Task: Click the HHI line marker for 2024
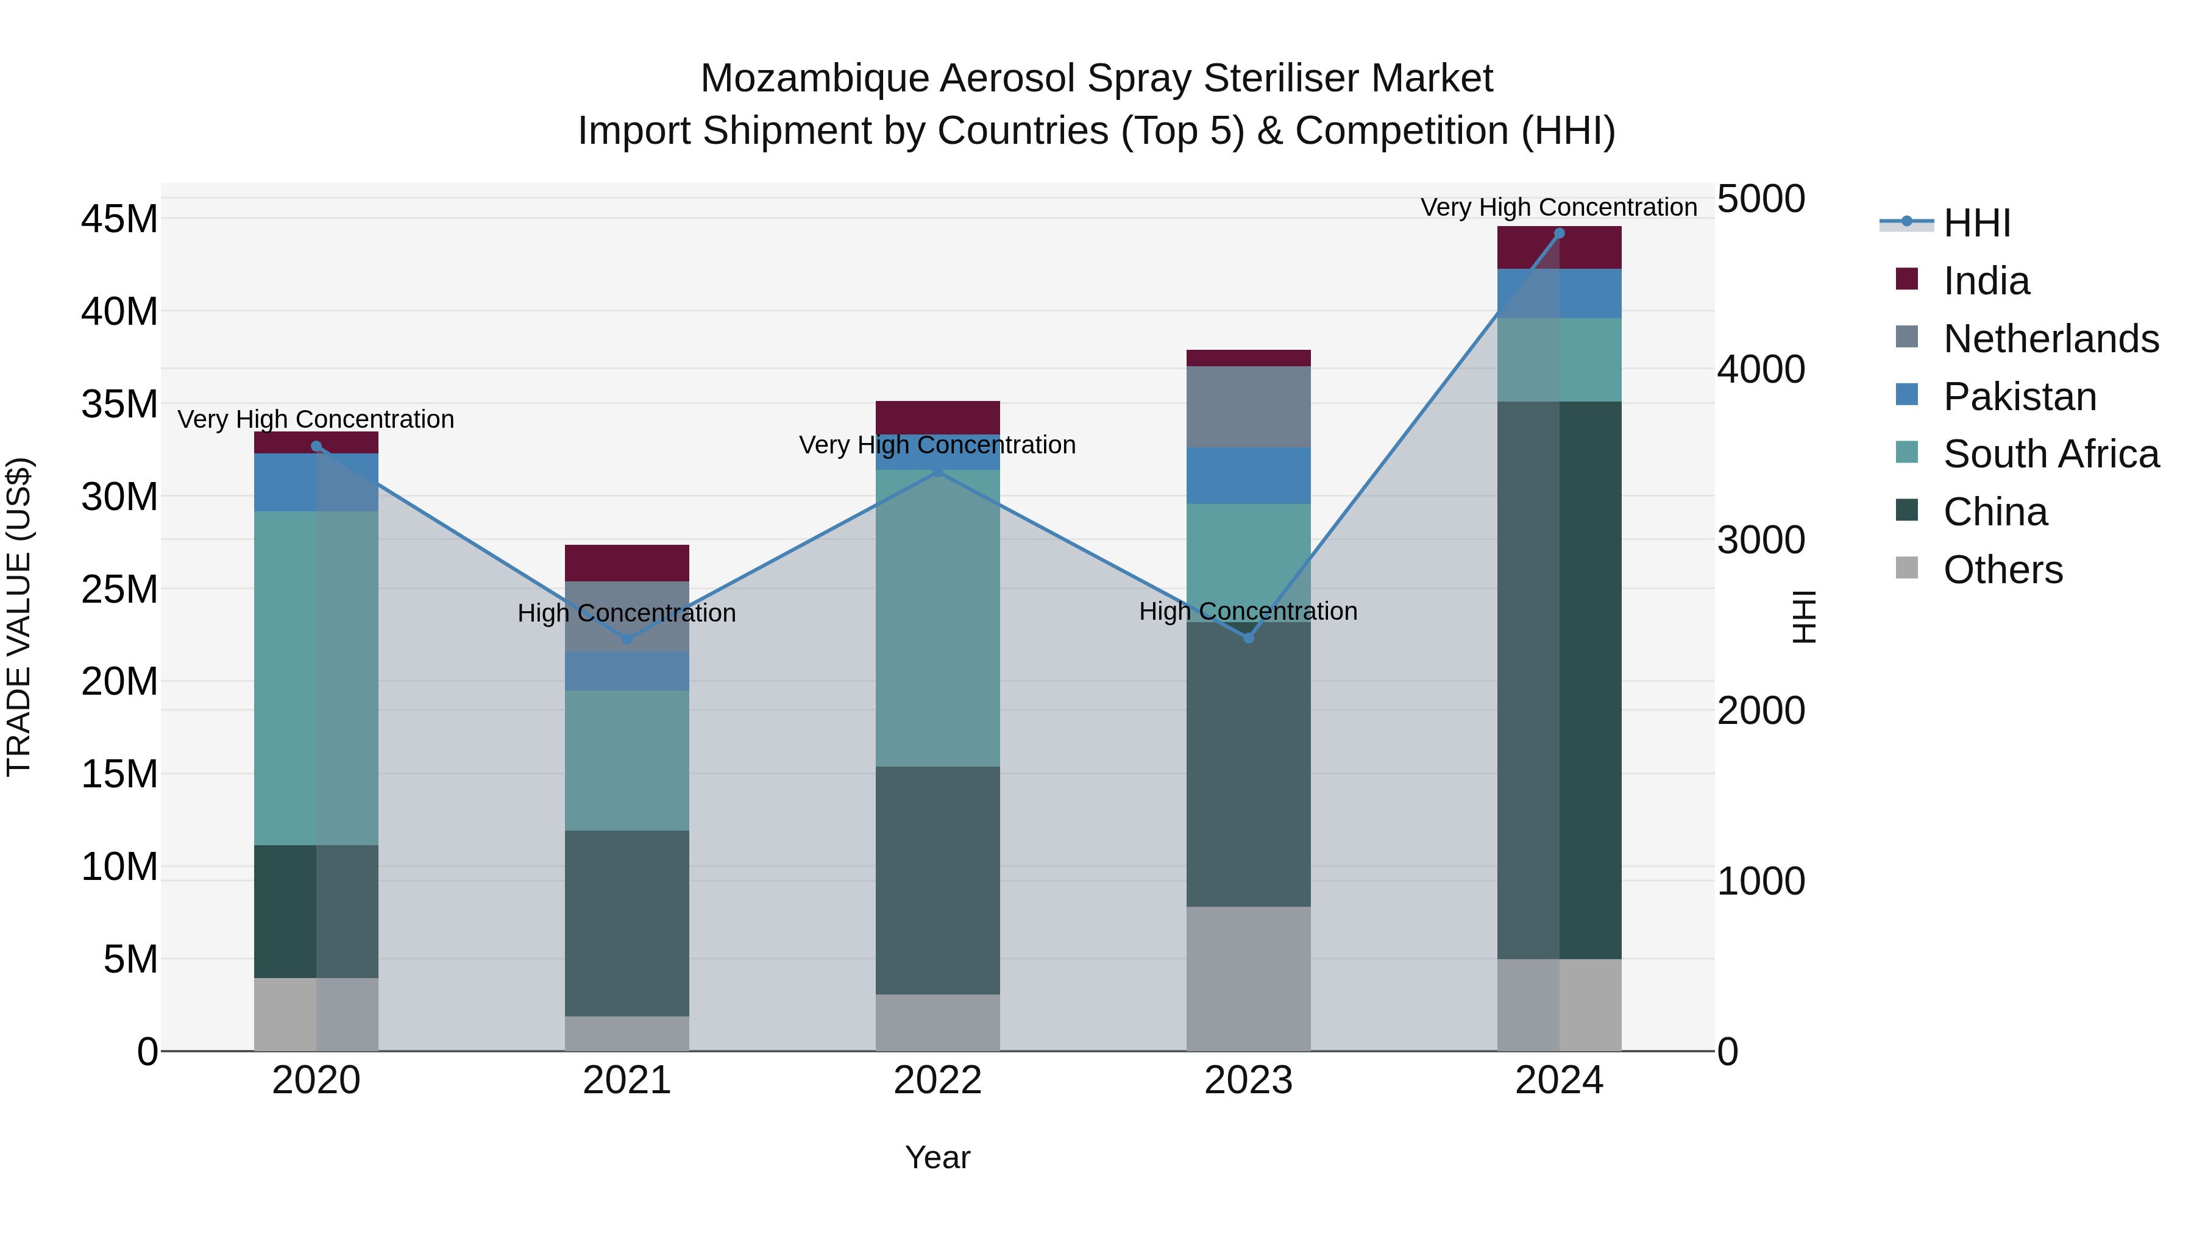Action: pyautogui.click(x=1558, y=233)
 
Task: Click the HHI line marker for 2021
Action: pyautogui.click(x=627, y=639)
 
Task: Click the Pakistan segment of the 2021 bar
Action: pyautogui.click(x=627, y=670)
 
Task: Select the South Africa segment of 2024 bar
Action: pyautogui.click(x=1558, y=360)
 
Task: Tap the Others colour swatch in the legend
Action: pyautogui.click(x=1907, y=568)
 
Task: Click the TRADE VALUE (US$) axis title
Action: pyautogui.click(x=19, y=617)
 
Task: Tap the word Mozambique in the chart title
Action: pyautogui.click(x=814, y=79)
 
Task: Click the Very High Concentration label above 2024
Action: pyautogui.click(x=1558, y=207)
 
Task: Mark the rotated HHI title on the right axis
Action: pyautogui.click(x=1804, y=617)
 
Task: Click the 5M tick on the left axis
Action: pyautogui.click(x=129, y=960)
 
